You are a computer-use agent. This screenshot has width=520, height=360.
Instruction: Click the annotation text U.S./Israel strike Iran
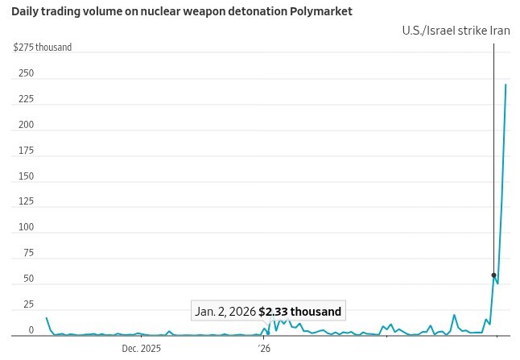[x=457, y=31]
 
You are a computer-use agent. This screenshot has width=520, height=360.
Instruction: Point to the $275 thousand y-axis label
[x=43, y=48]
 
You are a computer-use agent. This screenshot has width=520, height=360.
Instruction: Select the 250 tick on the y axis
[x=26, y=73]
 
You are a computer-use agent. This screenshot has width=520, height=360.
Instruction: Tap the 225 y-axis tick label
[x=26, y=99]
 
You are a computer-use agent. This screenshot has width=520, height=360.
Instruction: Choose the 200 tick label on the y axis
[x=26, y=125]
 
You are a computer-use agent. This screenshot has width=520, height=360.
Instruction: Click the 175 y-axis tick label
[x=26, y=151]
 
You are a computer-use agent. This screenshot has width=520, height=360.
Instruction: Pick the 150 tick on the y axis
[x=26, y=176]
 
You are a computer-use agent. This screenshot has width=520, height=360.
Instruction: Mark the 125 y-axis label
[x=26, y=202]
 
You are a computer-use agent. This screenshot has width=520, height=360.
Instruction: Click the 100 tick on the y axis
[x=26, y=227]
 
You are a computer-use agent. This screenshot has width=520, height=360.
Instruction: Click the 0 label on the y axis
[x=31, y=330]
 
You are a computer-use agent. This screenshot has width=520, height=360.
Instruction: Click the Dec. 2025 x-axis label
[x=142, y=349]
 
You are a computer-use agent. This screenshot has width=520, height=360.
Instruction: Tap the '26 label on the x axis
[x=264, y=349]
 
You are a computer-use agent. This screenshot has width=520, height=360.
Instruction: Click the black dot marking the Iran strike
[x=493, y=275]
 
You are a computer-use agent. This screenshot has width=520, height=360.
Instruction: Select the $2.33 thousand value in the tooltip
[x=299, y=312]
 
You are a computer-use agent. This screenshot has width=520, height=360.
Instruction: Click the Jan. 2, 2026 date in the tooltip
[x=225, y=312]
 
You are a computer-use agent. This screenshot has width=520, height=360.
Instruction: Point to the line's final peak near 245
[x=506, y=85]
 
